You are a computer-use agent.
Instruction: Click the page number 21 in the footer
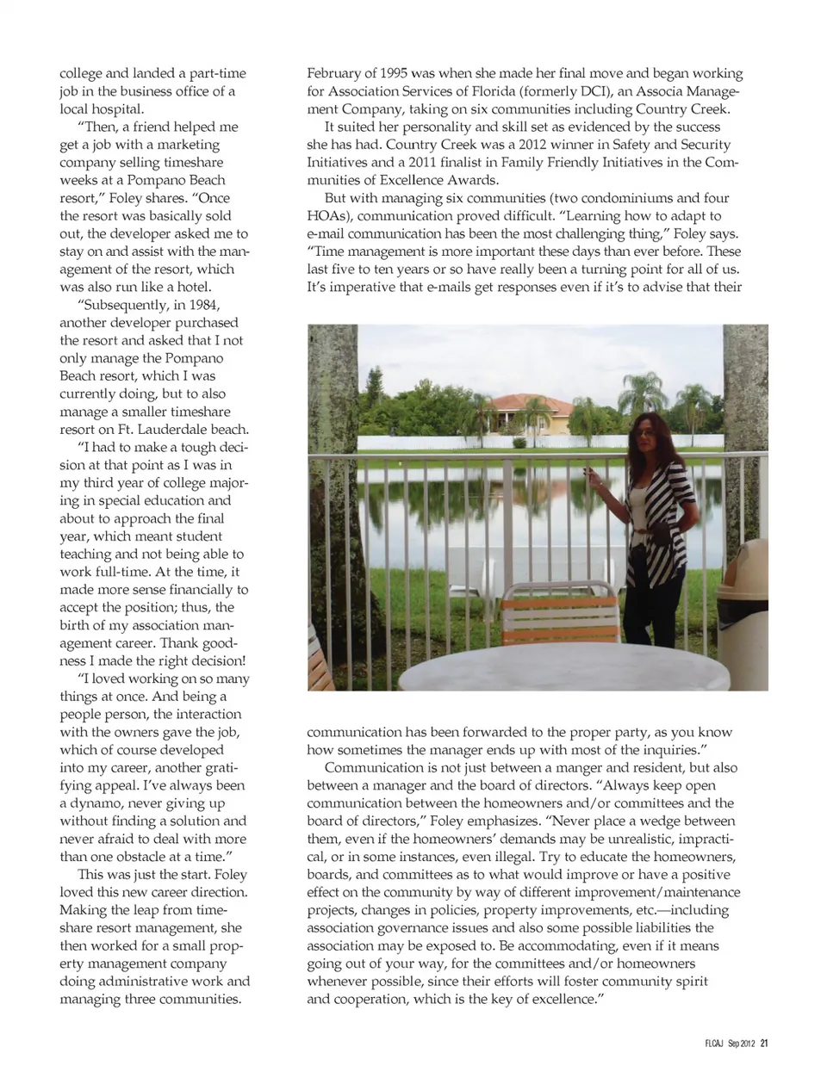[764, 1043]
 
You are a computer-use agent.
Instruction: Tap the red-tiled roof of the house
[525, 402]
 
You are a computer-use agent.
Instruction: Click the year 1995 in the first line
[391, 73]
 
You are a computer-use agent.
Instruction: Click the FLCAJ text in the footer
[714, 1043]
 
